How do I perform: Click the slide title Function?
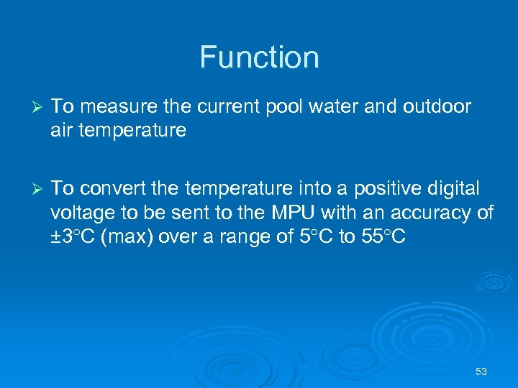point(259,57)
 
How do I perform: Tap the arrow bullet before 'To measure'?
point(40,108)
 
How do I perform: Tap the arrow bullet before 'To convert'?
point(40,189)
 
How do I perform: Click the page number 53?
point(481,371)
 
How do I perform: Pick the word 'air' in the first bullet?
point(62,131)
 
